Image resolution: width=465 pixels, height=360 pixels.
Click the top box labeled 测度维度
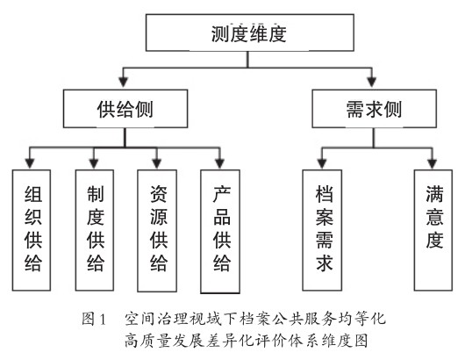250,32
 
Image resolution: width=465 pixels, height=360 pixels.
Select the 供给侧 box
125,109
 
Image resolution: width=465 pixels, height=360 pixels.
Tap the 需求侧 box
374,109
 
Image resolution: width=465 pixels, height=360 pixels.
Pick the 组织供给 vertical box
32,230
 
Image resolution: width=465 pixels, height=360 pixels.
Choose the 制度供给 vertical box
95,230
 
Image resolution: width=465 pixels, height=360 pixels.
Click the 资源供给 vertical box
157,231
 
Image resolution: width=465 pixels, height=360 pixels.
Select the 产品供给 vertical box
220,231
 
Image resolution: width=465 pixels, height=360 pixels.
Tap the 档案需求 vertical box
322,230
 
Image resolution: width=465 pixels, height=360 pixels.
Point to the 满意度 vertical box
433,230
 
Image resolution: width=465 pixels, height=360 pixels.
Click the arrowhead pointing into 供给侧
124,82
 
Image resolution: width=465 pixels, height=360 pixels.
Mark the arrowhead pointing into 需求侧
372,82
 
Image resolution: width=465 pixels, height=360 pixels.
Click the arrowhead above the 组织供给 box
29,163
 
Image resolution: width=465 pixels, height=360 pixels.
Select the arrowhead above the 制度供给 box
94,163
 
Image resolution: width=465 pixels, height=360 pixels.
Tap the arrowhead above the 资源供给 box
156,163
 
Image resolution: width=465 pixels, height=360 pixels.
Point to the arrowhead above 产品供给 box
219,163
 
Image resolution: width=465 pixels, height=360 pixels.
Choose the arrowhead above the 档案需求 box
322,163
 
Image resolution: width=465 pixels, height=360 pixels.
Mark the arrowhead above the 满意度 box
432,163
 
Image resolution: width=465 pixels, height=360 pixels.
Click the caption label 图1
94,319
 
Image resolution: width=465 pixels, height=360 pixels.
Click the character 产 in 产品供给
221,194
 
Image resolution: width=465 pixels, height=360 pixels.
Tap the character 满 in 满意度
434,194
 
